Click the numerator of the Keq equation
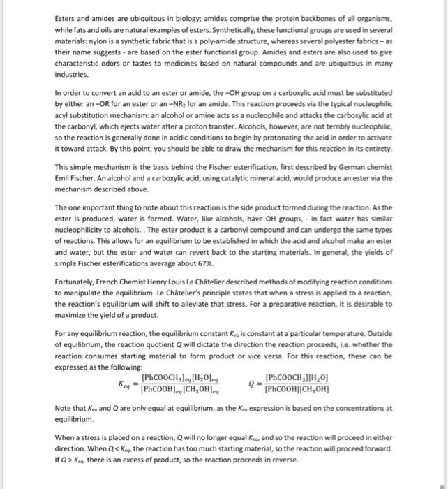(x=181, y=378)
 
